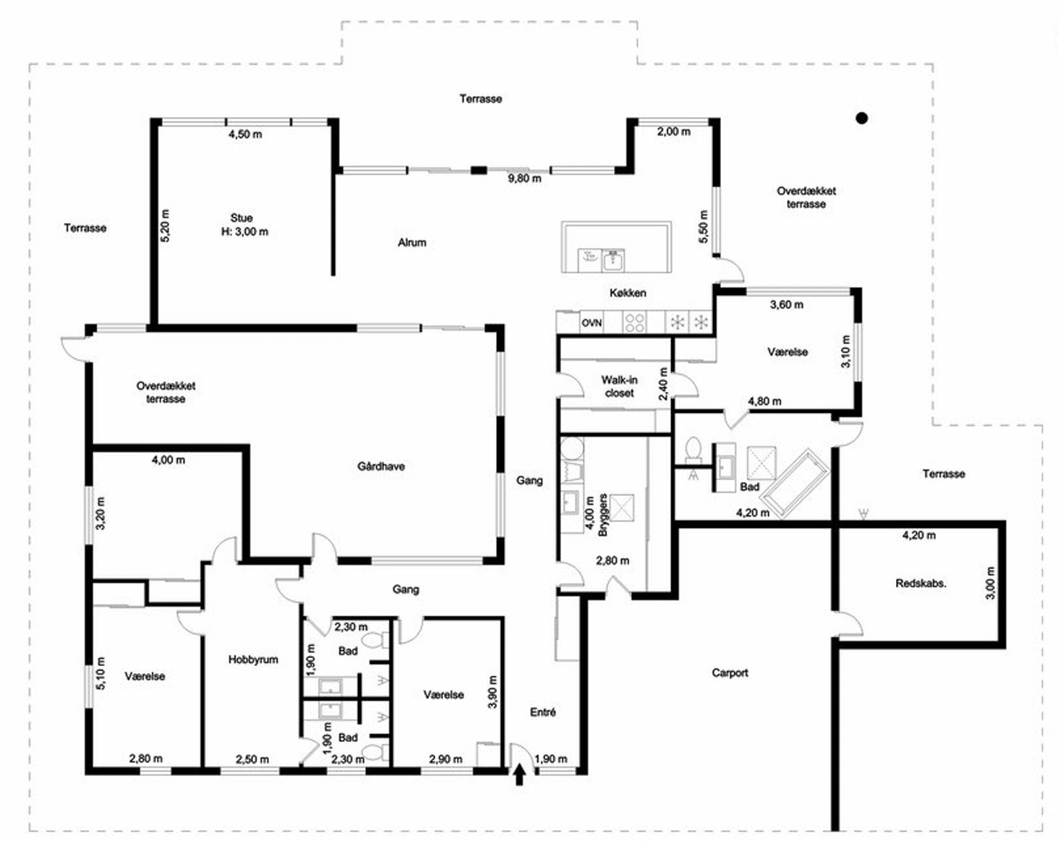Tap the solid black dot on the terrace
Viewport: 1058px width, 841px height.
click(861, 118)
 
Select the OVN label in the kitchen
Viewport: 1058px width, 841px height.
click(592, 323)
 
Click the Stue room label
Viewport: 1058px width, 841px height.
click(242, 218)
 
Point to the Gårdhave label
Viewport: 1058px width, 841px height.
click(381, 466)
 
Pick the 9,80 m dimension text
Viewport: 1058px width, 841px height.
click(524, 179)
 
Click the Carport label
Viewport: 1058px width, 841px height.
click(730, 673)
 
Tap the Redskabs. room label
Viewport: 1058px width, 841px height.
click(921, 584)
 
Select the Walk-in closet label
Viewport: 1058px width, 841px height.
click(620, 386)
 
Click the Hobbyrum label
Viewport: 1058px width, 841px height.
click(253, 659)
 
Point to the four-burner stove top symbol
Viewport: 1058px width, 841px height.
click(634, 323)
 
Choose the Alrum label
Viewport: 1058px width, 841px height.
click(412, 242)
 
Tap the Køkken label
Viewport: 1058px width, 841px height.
click(628, 293)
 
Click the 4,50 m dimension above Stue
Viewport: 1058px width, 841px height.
click(245, 135)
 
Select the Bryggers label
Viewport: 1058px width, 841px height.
click(603, 515)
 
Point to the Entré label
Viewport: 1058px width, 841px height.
click(543, 712)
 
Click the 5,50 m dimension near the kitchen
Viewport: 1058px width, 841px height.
click(704, 226)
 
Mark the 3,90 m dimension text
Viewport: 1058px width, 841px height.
click(492, 692)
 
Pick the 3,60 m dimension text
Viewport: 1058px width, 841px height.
click(787, 304)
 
